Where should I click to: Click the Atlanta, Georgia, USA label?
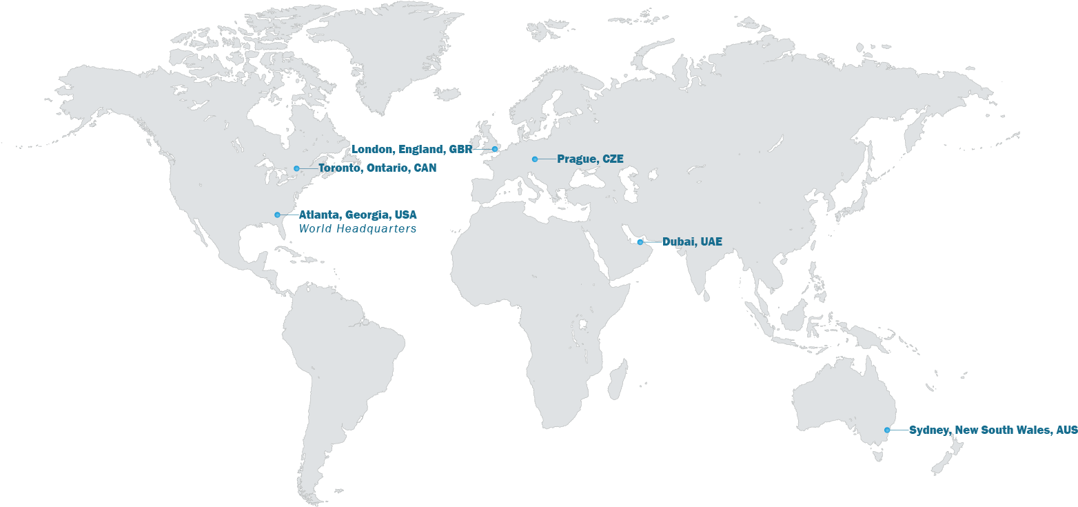[358, 215]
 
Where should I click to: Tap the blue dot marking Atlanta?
[277, 215]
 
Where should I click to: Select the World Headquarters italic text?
[357, 228]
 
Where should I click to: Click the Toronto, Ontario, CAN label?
[377, 168]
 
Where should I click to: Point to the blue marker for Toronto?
[296, 168]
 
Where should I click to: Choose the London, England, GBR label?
[412, 149]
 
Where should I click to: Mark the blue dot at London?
[495, 149]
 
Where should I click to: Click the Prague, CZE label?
[590, 159]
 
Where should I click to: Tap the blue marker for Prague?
[534, 159]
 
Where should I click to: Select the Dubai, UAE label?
[692, 241]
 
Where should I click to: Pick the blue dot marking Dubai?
[640, 242]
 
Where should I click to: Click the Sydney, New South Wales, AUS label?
[993, 430]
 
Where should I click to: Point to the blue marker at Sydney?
[887, 430]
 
